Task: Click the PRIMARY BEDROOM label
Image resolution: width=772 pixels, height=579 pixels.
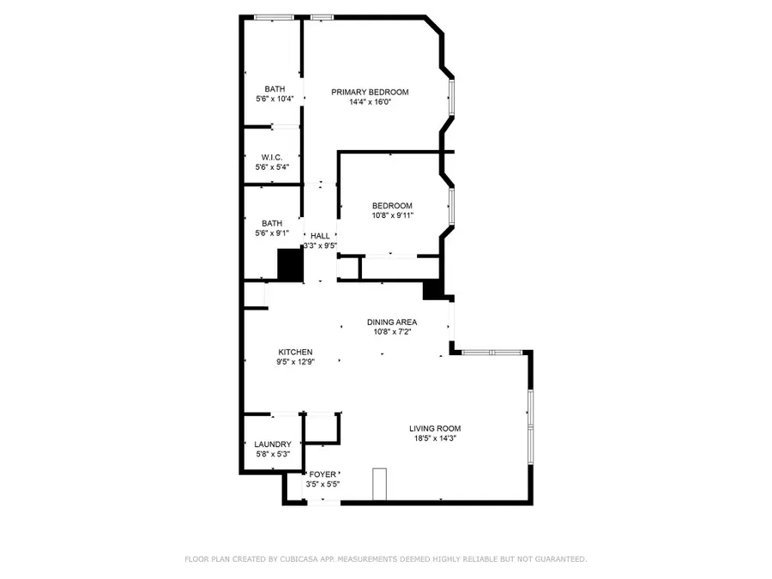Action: [370, 92]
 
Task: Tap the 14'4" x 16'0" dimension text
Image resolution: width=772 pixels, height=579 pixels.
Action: [370, 102]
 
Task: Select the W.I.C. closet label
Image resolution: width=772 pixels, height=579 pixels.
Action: [272, 157]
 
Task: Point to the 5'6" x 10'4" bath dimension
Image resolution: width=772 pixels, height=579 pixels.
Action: [274, 99]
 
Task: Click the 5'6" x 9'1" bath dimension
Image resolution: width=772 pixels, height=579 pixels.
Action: [272, 233]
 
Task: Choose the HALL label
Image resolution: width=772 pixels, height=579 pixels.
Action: [320, 235]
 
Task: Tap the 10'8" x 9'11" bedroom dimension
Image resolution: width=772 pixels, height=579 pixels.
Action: [392, 215]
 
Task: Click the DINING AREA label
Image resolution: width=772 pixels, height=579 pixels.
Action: [392, 322]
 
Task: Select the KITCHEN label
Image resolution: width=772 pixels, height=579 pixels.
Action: [295, 352]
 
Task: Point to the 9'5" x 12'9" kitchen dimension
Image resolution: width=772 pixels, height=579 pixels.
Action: [295, 362]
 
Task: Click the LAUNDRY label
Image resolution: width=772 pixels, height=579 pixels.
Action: [273, 444]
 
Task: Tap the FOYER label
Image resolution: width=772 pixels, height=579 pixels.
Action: [323, 473]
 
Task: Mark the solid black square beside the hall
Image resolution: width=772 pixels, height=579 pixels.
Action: [291, 264]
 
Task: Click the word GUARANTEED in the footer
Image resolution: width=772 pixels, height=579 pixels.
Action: [557, 559]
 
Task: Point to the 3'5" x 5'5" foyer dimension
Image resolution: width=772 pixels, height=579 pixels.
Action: [323, 484]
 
